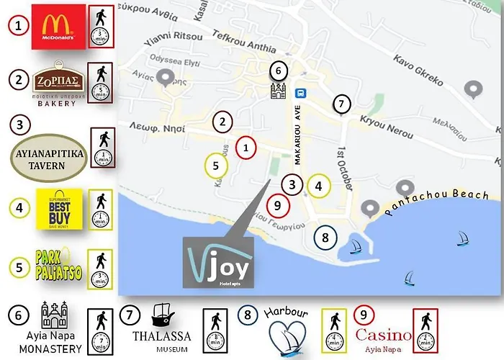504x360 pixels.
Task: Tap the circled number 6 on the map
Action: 279,71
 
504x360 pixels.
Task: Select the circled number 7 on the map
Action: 342,104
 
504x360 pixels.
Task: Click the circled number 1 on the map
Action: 246,148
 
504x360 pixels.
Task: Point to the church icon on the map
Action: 279,91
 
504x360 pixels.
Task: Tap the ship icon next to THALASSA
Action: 161,315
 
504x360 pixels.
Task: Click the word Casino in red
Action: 384,336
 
